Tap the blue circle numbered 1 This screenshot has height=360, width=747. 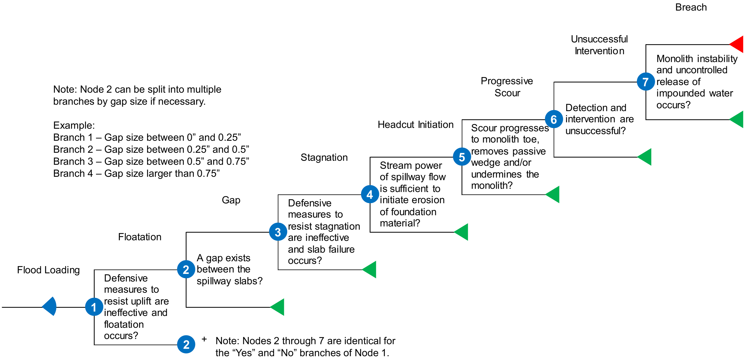click(x=94, y=307)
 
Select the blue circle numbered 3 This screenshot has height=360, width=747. click(x=278, y=232)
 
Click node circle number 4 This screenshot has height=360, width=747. click(x=370, y=194)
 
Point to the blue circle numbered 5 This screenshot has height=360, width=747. click(x=462, y=157)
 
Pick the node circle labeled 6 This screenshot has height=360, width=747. click(x=554, y=119)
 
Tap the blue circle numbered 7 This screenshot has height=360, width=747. click(x=645, y=82)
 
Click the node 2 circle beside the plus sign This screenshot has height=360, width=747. click(x=186, y=344)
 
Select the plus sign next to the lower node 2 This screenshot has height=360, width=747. click(x=204, y=339)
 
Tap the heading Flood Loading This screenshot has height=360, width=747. click(x=48, y=270)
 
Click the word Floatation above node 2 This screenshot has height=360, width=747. click(x=140, y=237)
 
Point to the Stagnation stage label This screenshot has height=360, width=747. click(x=324, y=158)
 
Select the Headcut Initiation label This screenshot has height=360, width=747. click(x=416, y=125)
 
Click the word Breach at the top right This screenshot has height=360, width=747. click(x=691, y=7)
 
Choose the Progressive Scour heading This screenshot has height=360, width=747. click(x=507, y=87)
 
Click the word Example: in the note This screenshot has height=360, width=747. click(x=74, y=125)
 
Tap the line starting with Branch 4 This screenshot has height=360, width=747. click(x=136, y=173)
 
